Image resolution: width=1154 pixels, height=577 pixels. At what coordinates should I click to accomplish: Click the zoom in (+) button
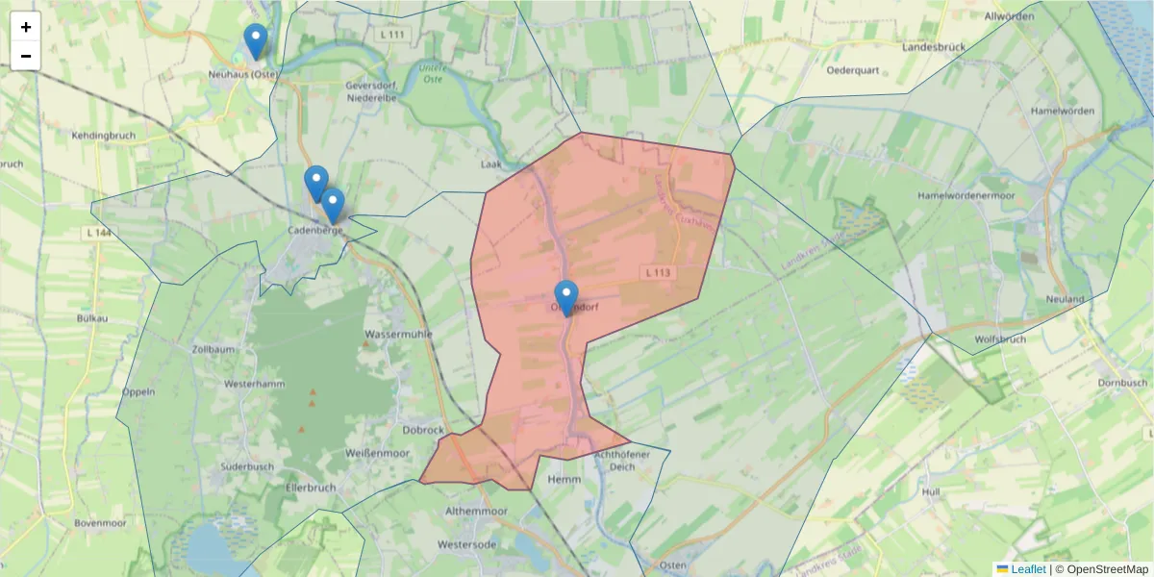[26, 28]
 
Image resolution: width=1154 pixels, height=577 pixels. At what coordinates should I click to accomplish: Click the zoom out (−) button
[26, 56]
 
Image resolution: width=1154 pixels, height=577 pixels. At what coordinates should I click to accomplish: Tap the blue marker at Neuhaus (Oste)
[255, 41]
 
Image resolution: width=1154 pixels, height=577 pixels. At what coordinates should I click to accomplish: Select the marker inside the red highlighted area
[566, 298]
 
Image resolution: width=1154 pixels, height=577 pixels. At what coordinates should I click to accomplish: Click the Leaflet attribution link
[1028, 569]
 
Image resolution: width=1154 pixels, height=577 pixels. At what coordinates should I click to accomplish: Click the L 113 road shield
[658, 273]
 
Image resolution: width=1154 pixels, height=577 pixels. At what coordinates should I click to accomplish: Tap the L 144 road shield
[97, 234]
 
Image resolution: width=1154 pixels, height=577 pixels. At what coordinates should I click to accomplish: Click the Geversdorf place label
[371, 85]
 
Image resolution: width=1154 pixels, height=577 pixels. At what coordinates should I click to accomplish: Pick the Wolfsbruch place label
[1000, 339]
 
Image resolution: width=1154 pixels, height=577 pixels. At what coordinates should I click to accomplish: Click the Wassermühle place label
[398, 335]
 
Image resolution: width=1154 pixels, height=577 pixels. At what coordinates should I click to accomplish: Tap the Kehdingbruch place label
[103, 136]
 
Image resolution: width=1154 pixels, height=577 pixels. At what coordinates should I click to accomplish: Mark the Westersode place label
[467, 544]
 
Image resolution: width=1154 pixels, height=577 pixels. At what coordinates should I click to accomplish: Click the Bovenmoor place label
[100, 524]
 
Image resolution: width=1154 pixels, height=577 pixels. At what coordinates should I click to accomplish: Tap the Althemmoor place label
[475, 512]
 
